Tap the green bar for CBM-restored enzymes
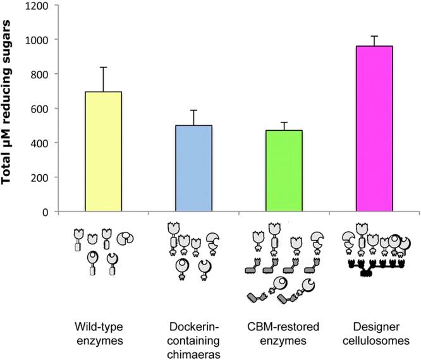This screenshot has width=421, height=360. coord(284,171)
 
